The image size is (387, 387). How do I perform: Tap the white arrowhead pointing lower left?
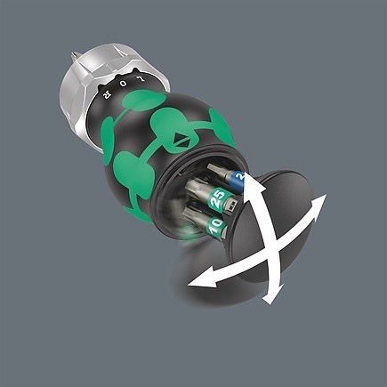195,284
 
